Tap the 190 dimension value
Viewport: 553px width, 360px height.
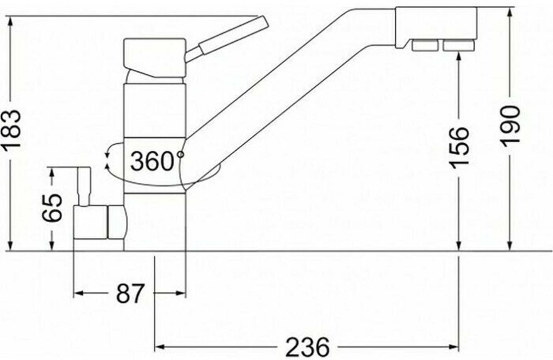pyautogui.click(x=511, y=126)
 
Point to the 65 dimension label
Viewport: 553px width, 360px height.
pyautogui.click(x=51, y=208)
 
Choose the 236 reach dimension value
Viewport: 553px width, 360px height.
pyautogui.click(x=308, y=347)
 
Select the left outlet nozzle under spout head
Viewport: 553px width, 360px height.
pyautogui.click(x=425, y=46)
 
